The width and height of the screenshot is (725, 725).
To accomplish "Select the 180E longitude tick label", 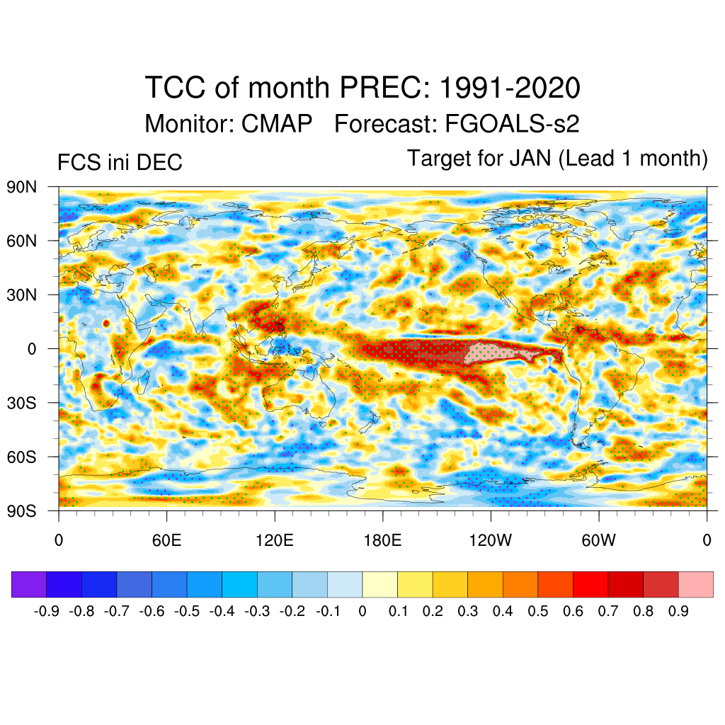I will (x=382, y=542).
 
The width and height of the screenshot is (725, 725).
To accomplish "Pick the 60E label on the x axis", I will (x=167, y=542).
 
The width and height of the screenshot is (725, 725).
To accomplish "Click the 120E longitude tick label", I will (x=275, y=542).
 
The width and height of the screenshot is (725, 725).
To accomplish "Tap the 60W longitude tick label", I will (x=598, y=542).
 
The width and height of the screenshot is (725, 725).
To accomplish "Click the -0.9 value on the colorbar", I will (x=46, y=611).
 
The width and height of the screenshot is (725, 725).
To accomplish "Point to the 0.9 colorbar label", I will (x=678, y=611).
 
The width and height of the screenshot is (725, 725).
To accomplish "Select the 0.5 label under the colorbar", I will (x=538, y=611).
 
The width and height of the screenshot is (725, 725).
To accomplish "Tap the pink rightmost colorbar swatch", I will (x=695, y=585).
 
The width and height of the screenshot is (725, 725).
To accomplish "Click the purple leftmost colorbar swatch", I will (x=29, y=585).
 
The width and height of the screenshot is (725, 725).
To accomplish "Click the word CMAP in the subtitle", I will (x=277, y=125).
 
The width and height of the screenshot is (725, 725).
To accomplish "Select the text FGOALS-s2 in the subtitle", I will (x=512, y=125).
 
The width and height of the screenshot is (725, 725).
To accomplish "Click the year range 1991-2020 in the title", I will (x=510, y=89).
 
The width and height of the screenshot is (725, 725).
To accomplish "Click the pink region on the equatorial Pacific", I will (x=496, y=350).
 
